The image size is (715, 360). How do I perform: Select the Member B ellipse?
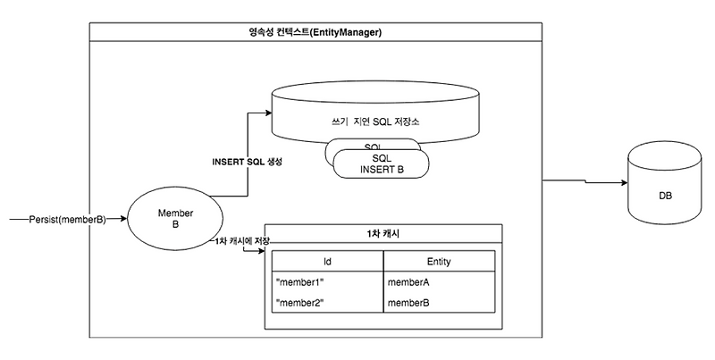169,217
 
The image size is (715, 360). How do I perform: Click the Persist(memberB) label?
67,217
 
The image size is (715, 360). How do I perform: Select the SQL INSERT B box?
383,163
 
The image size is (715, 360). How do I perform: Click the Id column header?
327,261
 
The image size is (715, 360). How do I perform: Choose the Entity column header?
439,261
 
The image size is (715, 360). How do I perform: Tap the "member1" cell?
301,282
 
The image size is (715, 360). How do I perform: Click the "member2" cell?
301,305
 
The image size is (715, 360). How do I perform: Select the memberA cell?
409,282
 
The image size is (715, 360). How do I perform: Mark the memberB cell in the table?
409,305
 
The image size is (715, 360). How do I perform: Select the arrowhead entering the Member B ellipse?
124,217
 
